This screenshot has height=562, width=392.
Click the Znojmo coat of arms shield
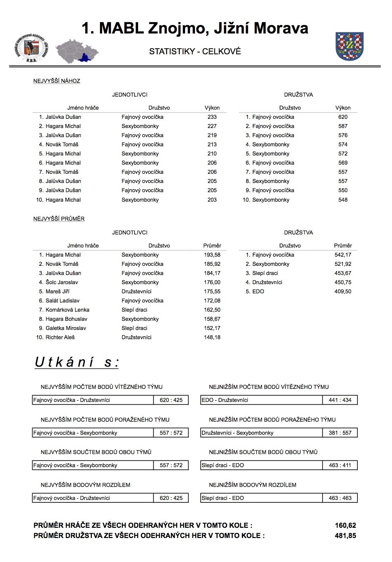[x=349, y=46]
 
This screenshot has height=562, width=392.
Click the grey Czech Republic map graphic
[x=77, y=51]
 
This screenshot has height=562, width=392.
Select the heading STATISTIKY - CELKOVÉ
[x=195, y=51]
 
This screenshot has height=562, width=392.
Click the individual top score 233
[x=212, y=117]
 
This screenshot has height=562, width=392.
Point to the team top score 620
[x=343, y=117]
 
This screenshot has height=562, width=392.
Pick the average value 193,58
[x=212, y=255]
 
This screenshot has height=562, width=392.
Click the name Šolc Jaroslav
[x=61, y=282]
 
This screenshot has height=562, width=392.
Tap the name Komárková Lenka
[x=67, y=310]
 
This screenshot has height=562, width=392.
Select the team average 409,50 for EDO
[x=343, y=292]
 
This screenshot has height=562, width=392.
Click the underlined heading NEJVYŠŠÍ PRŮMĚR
[x=59, y=219]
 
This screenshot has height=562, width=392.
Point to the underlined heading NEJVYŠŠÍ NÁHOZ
[x=57, y=81]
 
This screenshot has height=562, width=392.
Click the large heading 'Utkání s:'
[x=77, y=362]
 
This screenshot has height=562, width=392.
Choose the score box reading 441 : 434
[x=340, y=400]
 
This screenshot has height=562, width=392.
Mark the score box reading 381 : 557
[x=340, y=433]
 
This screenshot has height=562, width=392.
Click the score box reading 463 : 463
[x=340, y=498]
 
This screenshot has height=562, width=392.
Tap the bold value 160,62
[x=345, y=526]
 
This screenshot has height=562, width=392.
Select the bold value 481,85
[x=345, y=536]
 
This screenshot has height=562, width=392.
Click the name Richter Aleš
[x=60, y=337]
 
